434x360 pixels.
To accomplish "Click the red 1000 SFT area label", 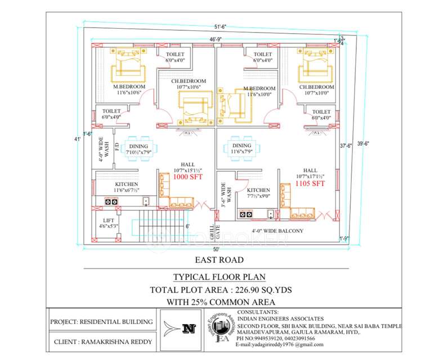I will (187, 177).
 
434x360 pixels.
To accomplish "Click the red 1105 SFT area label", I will (310, 183).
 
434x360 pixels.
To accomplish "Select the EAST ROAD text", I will (219, 260).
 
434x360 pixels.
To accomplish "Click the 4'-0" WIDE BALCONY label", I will (277, 231).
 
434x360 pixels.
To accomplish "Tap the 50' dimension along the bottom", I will (216, 248).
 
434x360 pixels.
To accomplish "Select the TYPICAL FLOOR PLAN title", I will (219, 277).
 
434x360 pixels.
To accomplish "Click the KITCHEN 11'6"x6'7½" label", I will (127, 187).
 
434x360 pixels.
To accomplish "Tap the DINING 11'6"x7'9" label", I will (241, 148).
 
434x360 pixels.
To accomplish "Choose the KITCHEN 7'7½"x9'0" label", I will (259, 193).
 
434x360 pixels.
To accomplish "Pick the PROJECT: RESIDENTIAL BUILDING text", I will (101, 322).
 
